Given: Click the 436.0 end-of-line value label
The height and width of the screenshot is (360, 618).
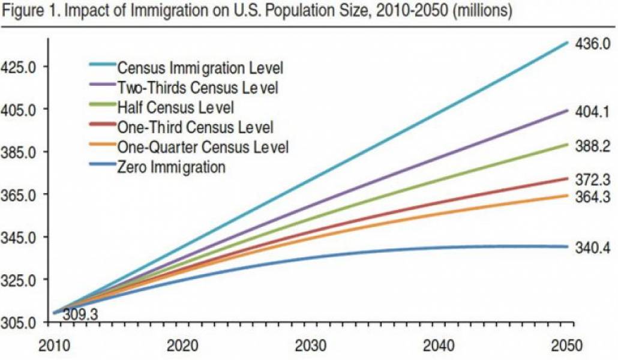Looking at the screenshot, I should click(x=593, y=44).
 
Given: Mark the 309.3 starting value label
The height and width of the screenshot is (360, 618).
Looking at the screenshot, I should click(x=80, y=314).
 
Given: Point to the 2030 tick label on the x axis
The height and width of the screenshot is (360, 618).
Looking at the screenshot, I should click(x=311, y=347).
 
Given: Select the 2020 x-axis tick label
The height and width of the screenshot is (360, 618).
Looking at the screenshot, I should click(x=182, y=347).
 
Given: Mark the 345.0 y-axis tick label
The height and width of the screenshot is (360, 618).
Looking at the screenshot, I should click(x=19, y=238).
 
